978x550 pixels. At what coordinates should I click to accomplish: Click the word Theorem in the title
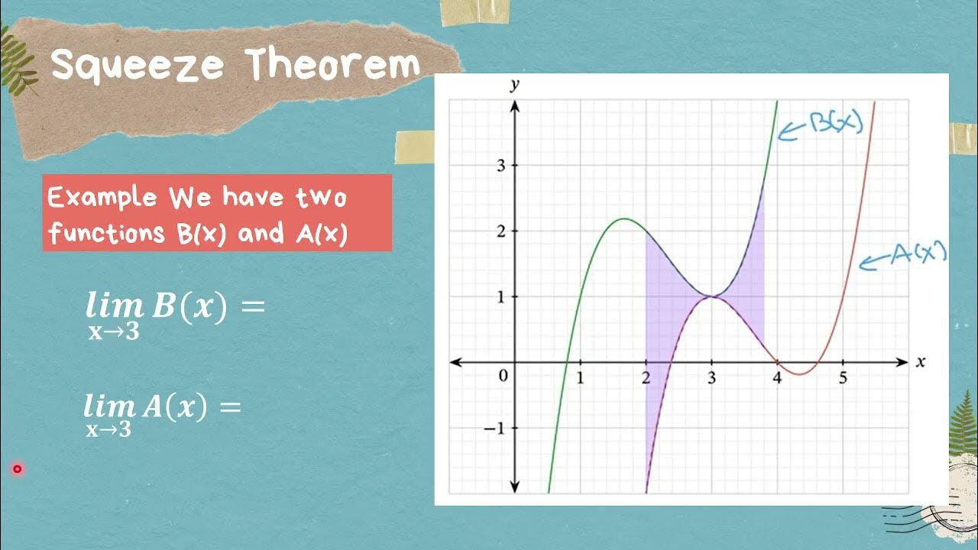pos(332,66)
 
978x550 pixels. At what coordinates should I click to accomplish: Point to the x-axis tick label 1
pos(580,377)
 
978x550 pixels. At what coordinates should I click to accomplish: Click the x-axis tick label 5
pos(844,377)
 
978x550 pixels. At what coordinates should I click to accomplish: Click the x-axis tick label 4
pos(777,377)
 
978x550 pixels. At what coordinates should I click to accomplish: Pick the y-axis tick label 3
pos(500,165)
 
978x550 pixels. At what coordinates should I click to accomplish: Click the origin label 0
pos(502,376)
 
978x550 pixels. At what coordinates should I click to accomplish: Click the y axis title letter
pos(514,86)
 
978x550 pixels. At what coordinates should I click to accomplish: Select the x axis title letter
pos(921,362)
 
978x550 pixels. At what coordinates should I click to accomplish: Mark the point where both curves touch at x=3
pos(712,296)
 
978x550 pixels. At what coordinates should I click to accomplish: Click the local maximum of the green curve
pos(624,219)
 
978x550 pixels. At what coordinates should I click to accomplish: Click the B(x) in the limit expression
pos(189,306)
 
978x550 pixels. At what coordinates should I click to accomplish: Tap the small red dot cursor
pos(17,469)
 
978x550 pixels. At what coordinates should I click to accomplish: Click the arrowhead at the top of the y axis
pos(515,105)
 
